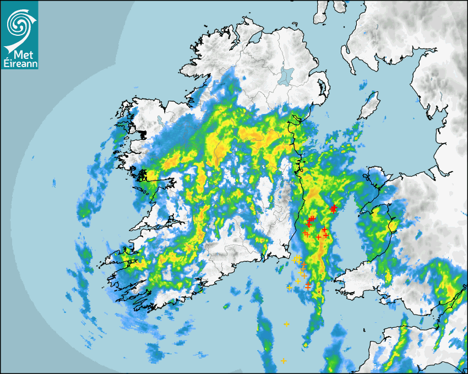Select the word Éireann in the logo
click(19, 63)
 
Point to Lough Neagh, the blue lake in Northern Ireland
click(286, 75)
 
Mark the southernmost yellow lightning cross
click(283, 361)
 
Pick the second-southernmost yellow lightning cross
click(286, 324)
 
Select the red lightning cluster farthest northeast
click(333, 208)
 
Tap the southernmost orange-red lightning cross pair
click(308, 286)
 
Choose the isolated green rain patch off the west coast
click(85, 210)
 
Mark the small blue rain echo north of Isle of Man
click(364, 85)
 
